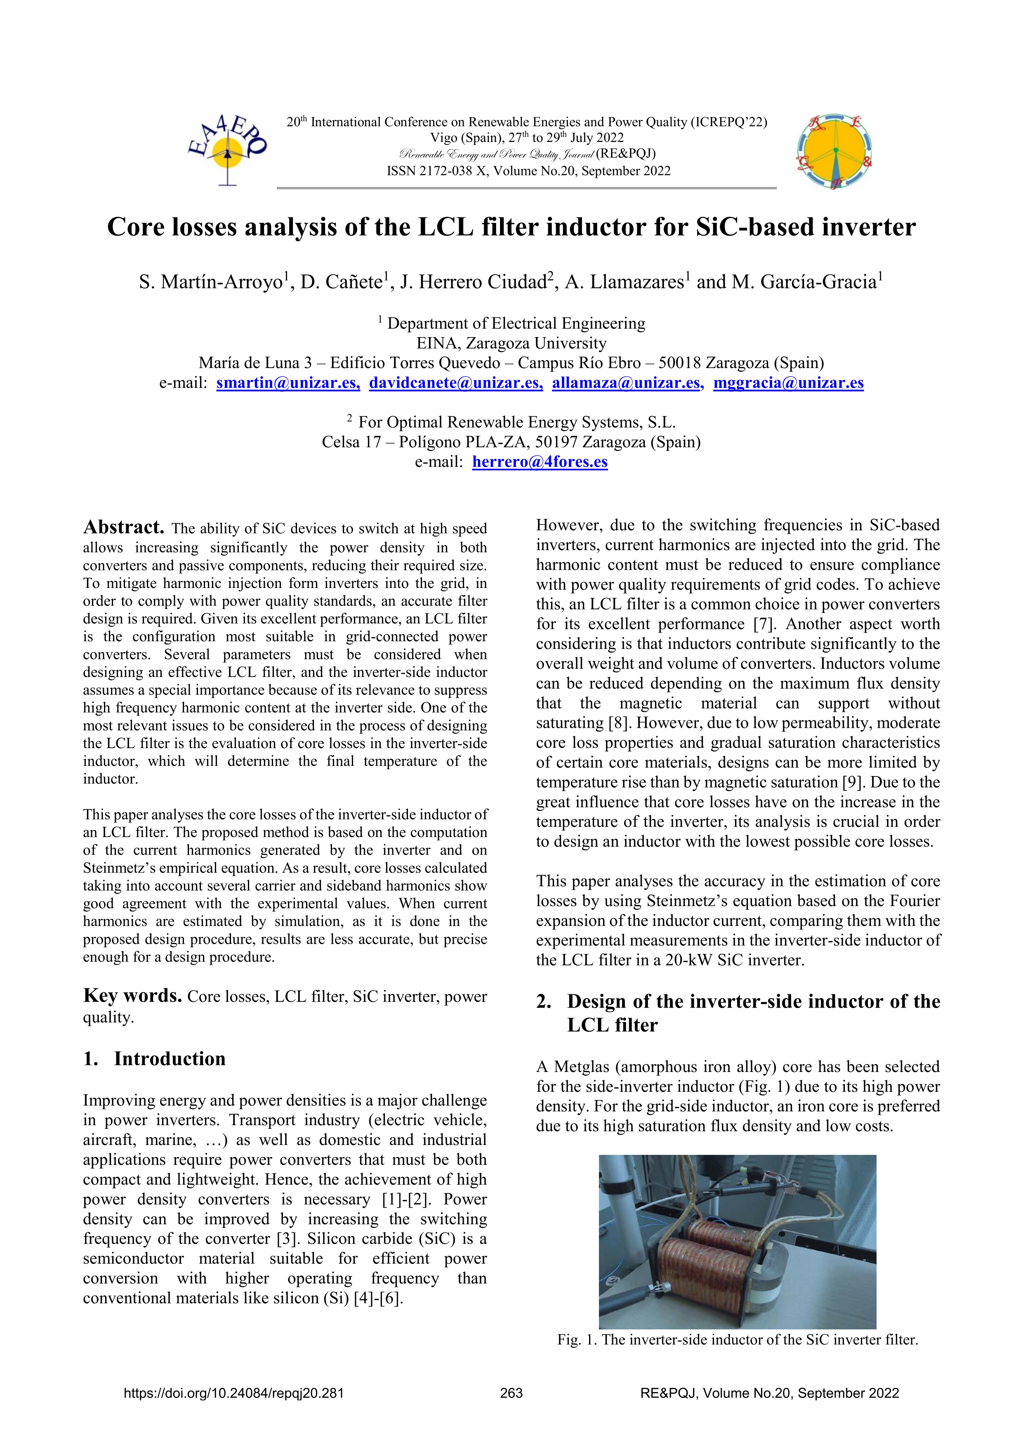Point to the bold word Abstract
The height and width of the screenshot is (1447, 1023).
click(x=123, y=527)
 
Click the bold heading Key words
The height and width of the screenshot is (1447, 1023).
click(x=132, y=996)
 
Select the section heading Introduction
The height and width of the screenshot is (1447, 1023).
click(x=170, y=1059)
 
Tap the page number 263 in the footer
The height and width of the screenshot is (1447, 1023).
click(x=511, y=1393)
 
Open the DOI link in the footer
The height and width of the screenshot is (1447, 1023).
click(x=234, y=1393)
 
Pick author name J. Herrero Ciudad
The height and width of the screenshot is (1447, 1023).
click(x=473, y=282)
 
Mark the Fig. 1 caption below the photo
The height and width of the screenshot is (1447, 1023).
click(x=737, y=1339)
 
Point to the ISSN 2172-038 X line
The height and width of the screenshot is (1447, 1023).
click(x=528, y=171)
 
